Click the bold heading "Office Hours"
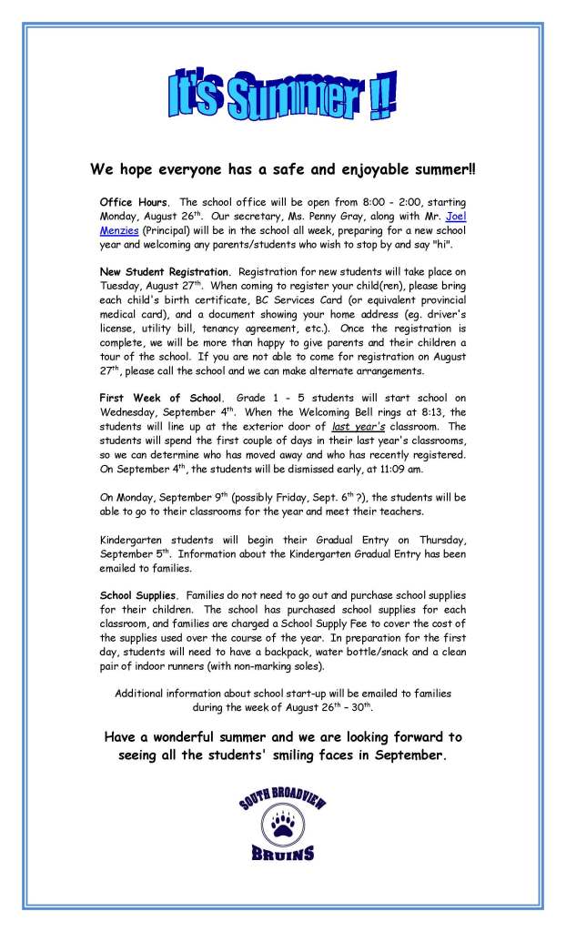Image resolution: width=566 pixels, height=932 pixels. [x=133, y=201]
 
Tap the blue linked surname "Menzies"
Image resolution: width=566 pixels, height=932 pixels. [x=120, y=232]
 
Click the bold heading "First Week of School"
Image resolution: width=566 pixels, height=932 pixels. [x=161, y=398]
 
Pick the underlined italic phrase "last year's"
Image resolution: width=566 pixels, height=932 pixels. [x=357, y=427]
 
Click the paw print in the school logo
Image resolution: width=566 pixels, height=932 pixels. [x=282, y=826]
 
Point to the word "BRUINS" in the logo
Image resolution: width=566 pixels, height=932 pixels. [x=283, y=855]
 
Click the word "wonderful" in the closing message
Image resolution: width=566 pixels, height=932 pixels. [x=192, y=736]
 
